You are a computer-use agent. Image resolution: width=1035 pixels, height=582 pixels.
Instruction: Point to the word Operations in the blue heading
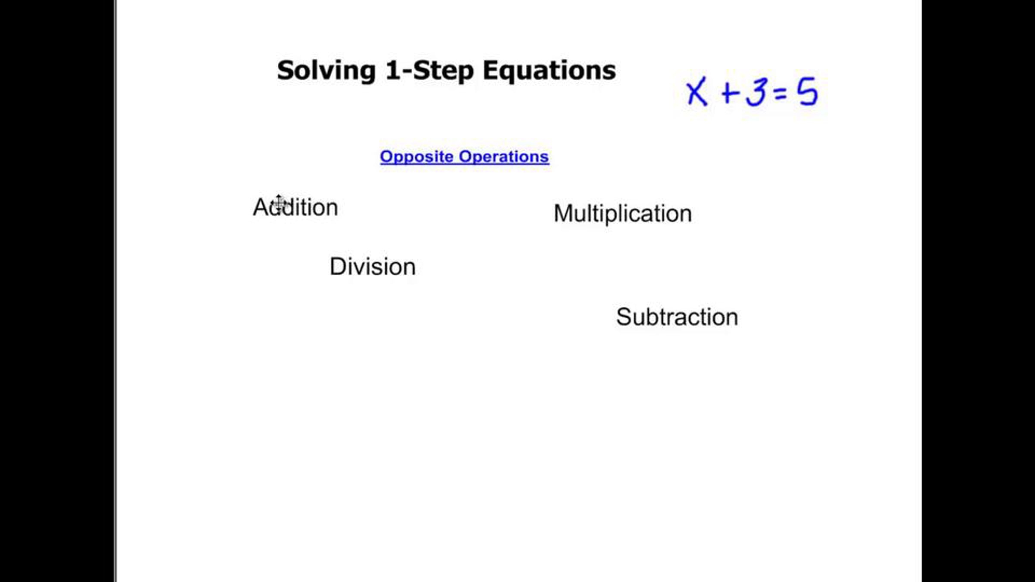point(504,157)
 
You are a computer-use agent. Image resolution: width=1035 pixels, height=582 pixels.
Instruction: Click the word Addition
point(295,207)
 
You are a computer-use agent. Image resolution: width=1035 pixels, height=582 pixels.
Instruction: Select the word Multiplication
point(623,213)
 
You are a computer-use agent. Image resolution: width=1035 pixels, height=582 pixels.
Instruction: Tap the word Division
point(373,266)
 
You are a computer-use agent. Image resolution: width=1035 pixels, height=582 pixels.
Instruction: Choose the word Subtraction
point(677,317)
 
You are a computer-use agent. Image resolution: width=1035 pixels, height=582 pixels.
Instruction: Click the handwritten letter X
point(696,91)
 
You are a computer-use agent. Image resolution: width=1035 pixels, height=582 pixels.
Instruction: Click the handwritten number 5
point(807,91)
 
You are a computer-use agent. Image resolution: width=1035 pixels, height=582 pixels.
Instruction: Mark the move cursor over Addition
point(279,203)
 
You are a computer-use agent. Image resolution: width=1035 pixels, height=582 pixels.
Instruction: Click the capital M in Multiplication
point(562,213)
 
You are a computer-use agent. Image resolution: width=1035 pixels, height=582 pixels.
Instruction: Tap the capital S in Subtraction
point(624,317)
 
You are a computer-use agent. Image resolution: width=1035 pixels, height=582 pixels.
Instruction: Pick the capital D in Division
point(338,266)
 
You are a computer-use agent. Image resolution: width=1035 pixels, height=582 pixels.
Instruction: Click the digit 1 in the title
point(392,70)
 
